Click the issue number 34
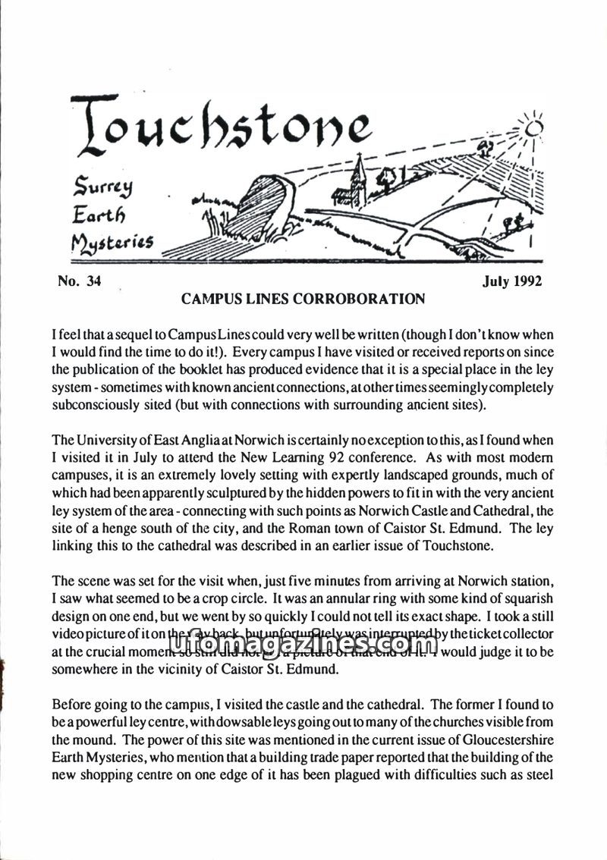(93, 282)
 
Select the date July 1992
(512, 282)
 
